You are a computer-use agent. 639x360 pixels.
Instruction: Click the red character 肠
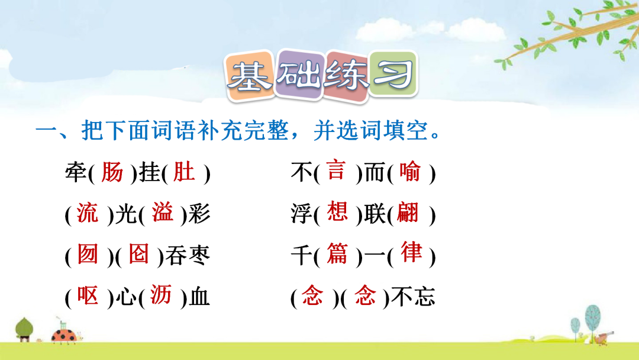tap(112, 172)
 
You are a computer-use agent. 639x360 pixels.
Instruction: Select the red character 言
tap(337, 170)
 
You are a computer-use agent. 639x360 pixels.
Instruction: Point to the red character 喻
tap(409, 171)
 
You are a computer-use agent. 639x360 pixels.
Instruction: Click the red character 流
tap(88, 213)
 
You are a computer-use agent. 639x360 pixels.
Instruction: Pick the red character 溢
tap(163, 212)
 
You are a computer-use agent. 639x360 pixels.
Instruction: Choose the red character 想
tap(337, 211)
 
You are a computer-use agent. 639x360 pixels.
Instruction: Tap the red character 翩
tap(408, 212)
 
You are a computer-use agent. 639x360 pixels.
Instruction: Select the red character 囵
tap(138, 253)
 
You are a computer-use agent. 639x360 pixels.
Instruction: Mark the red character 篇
tap(337, 253)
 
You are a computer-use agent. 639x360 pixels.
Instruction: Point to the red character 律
tap(411, 252)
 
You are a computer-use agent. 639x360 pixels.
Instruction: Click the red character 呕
tap(88, 295)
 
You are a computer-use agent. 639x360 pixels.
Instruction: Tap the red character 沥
tap(160, 295)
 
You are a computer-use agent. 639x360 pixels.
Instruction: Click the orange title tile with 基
tap(250, 76)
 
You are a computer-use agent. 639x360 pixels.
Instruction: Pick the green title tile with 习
tap(393, 73)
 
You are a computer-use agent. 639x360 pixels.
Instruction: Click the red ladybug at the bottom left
tap(65, 336)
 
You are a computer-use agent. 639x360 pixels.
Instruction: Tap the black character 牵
tap(76, 172)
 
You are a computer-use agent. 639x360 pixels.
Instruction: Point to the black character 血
tap(199, 297)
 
